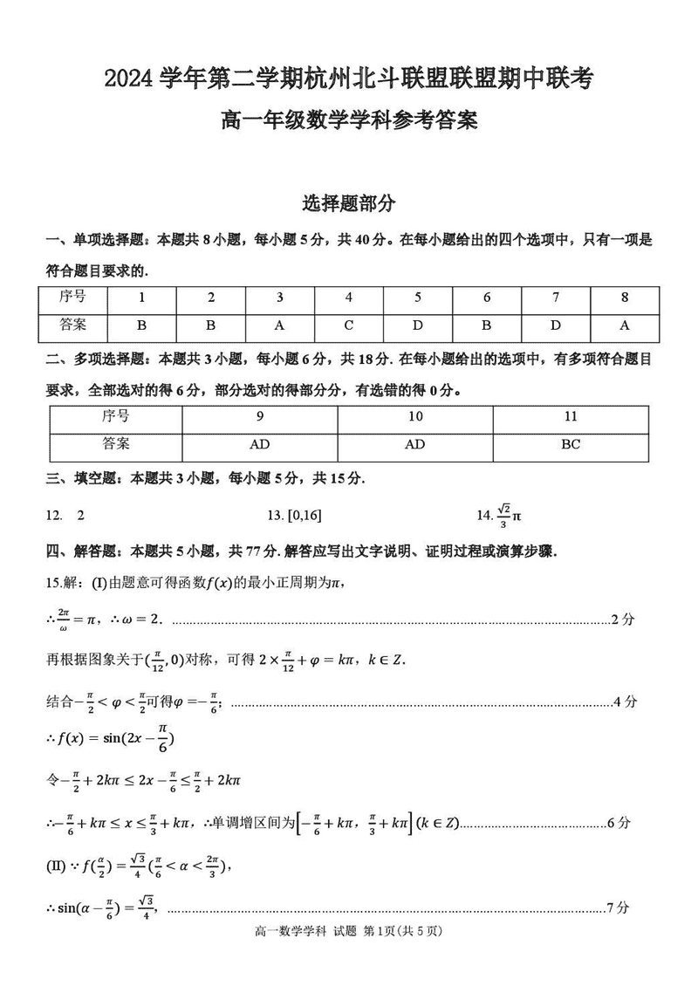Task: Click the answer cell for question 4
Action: pyautogui.click(x=348, y=325)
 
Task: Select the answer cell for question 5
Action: pyautogui.click(x=417, y=325)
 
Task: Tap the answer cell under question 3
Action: pyautogui.click(x=279, y=325)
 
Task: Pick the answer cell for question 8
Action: pyautogui.click(x=625, y=325)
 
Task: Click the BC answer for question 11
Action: pyautogui.click(x=571, y=444)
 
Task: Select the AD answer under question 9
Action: pyautogui.click(x=259, y=444)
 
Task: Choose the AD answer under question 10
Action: pyautogui.click(x=415, y=444)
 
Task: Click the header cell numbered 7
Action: pyautogui.click(x=556, y=297)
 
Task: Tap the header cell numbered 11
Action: pyautogui.click(x=571, y=416)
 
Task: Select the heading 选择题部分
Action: pyautogui.click(x=348, y=203)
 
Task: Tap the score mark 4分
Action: pyautogui.click(x=626, y=701)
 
